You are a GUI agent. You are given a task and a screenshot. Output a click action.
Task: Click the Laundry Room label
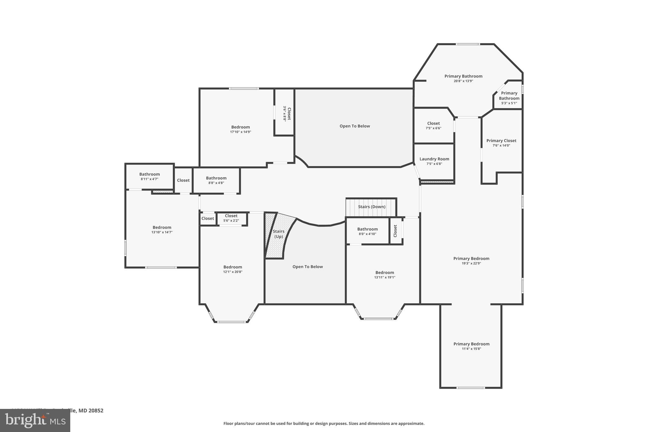click(434, 159)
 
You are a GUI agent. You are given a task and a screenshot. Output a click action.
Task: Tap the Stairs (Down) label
click(371, 207)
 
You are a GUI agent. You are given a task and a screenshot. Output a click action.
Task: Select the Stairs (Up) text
click(278, 234)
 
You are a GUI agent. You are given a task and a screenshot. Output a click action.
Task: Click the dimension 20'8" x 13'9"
click(463, 81)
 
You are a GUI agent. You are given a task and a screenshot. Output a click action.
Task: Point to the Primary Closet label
click(501, 141)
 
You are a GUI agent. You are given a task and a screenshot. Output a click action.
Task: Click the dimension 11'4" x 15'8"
click(471, 349)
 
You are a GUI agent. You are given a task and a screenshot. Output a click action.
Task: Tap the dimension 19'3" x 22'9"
click(471, 263)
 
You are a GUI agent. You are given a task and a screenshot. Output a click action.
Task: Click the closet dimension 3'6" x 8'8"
click(284, 114)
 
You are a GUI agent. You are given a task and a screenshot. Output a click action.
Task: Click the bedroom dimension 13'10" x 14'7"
click(162, 232)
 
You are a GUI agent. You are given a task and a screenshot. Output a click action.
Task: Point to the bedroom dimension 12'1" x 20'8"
click(233, 272)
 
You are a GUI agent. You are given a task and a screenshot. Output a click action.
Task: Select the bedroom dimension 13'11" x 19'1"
click(384, 278)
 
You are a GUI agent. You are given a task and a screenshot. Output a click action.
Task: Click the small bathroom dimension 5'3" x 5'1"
click(509, 103)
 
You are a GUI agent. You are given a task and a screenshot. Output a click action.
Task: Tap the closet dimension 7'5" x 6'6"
click(433, 128)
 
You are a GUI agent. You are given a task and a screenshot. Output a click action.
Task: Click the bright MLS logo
click(35, 420)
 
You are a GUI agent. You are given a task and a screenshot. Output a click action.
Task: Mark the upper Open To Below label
click(354, 126)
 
